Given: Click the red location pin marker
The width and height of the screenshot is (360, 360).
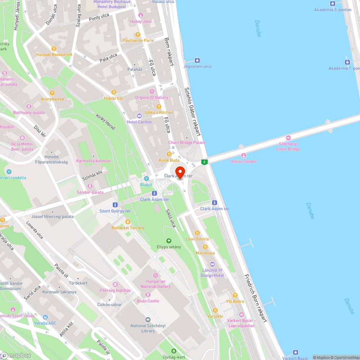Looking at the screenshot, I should [x=180, y=172].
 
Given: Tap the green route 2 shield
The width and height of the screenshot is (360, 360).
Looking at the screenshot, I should [x=204, y=162].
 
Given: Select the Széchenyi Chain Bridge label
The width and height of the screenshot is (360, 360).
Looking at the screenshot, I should [x=288, y=147].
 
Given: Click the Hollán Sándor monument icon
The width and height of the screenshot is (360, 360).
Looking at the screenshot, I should [x=244, y=156].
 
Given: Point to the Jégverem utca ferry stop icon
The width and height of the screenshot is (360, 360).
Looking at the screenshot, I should [x=197, y=60].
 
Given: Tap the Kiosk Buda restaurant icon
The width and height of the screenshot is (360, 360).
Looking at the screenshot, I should [x=169, y=154].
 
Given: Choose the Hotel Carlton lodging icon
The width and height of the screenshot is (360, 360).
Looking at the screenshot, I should [x=139, y=116].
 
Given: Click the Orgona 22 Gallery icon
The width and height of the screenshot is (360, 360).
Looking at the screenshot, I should [x=152, y=91].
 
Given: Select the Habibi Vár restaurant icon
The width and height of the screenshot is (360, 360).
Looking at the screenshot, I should [x=114, y=92].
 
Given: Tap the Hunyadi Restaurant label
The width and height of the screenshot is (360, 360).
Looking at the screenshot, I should [x=54, y=55].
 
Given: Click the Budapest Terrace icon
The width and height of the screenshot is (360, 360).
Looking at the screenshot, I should [x=128, y=221].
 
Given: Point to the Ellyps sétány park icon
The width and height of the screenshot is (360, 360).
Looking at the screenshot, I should [x=168, y=241].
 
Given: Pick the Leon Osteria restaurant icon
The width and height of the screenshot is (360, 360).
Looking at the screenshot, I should [x=197, y=233].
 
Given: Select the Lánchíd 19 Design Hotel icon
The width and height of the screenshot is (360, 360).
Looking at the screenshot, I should [x=212, y=265].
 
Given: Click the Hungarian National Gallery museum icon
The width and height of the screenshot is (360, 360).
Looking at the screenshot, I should [x=156, y=275].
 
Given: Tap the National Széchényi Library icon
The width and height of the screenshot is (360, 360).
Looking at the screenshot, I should [x=148, y=320].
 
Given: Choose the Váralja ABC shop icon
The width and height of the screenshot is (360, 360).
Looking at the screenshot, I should [x=45, y=317].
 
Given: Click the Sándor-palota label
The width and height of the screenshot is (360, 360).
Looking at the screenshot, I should [x=90, y=192].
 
